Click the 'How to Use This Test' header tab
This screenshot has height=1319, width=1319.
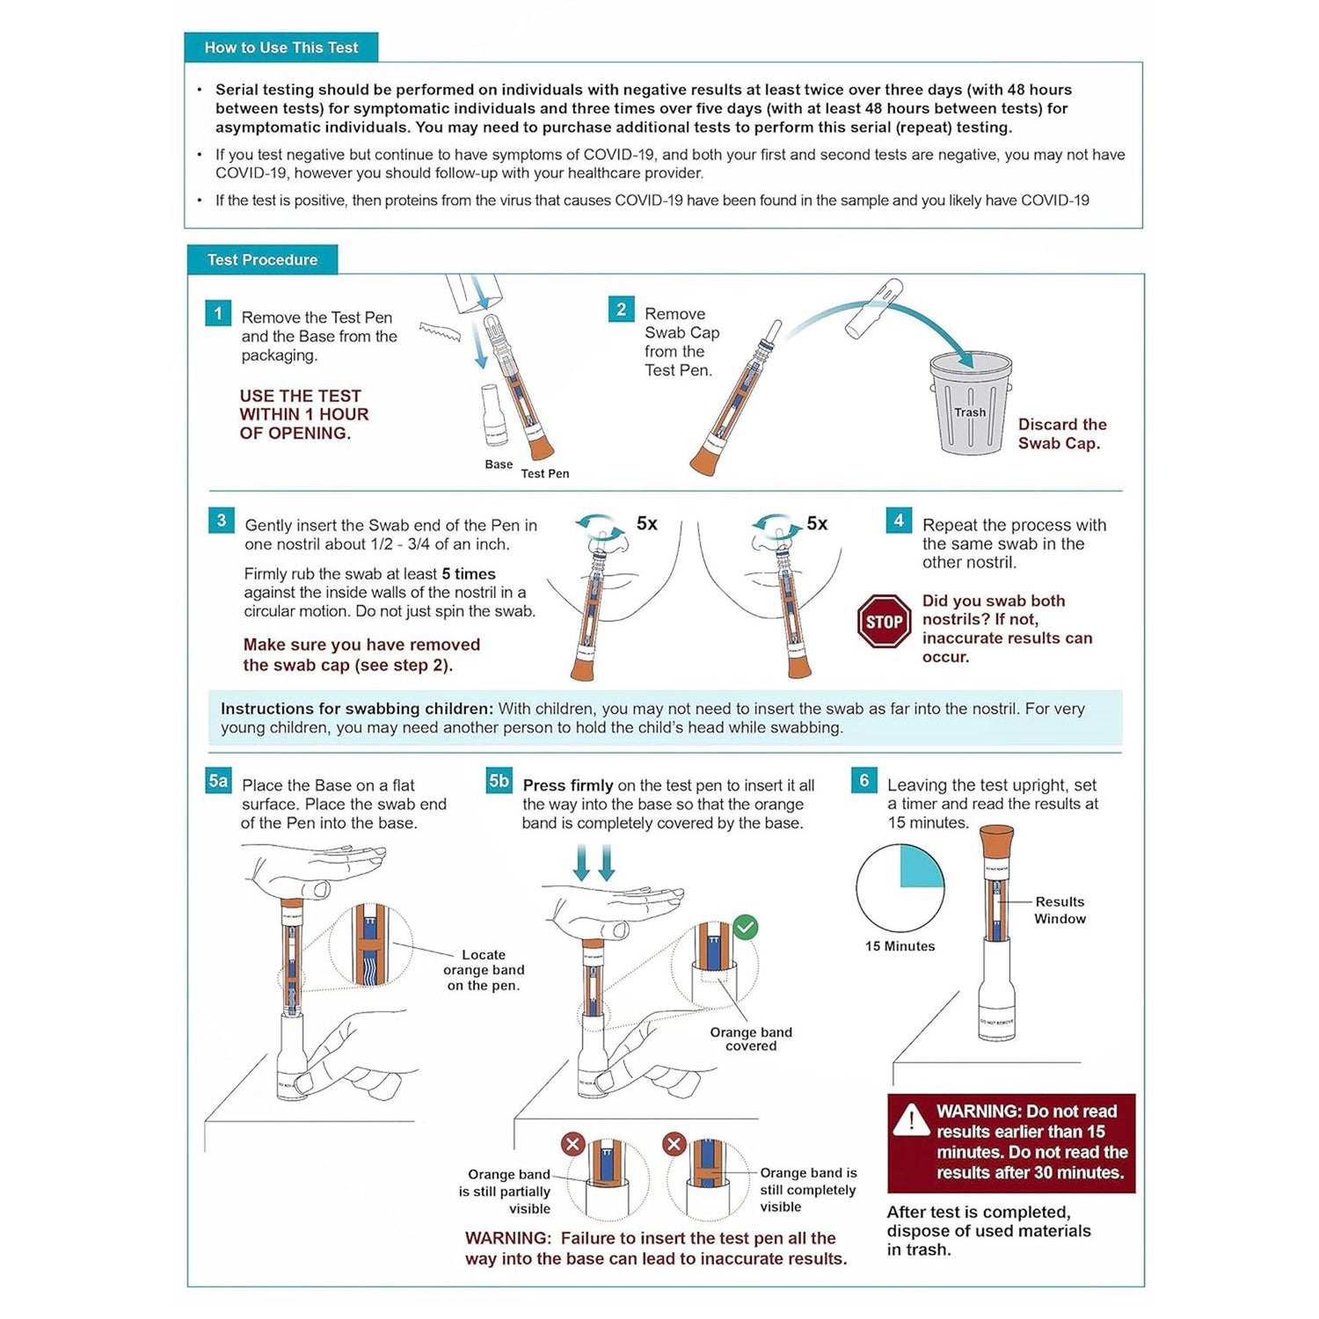[281, 47]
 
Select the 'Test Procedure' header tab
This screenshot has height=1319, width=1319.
[262, 260]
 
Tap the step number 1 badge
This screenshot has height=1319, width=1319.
[218, 314]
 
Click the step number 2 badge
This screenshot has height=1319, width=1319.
[621, 310]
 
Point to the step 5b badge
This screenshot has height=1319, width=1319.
[499, 781]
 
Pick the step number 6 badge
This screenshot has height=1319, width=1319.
[864, 780]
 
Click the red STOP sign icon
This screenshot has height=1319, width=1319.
[884, 622]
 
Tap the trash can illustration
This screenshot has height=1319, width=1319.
[971, 404]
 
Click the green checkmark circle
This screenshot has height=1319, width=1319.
[746, 927]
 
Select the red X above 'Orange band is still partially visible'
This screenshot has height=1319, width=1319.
[572, 1144]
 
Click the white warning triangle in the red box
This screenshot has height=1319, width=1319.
[911, 1119]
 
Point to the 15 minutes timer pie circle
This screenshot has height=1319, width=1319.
[900, 888]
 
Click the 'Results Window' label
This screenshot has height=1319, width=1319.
[1060, 910]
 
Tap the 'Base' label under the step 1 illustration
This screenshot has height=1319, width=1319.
[499, 464]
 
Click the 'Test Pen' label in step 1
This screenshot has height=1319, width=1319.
[544, 474]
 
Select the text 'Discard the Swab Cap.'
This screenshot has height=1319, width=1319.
[1061, 434]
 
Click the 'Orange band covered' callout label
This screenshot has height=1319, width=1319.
[751, 1038]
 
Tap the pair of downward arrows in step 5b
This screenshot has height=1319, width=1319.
[594, 863]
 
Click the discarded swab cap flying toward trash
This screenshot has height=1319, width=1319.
[873, 309]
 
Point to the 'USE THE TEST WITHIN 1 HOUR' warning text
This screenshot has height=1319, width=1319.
[303, 414]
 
